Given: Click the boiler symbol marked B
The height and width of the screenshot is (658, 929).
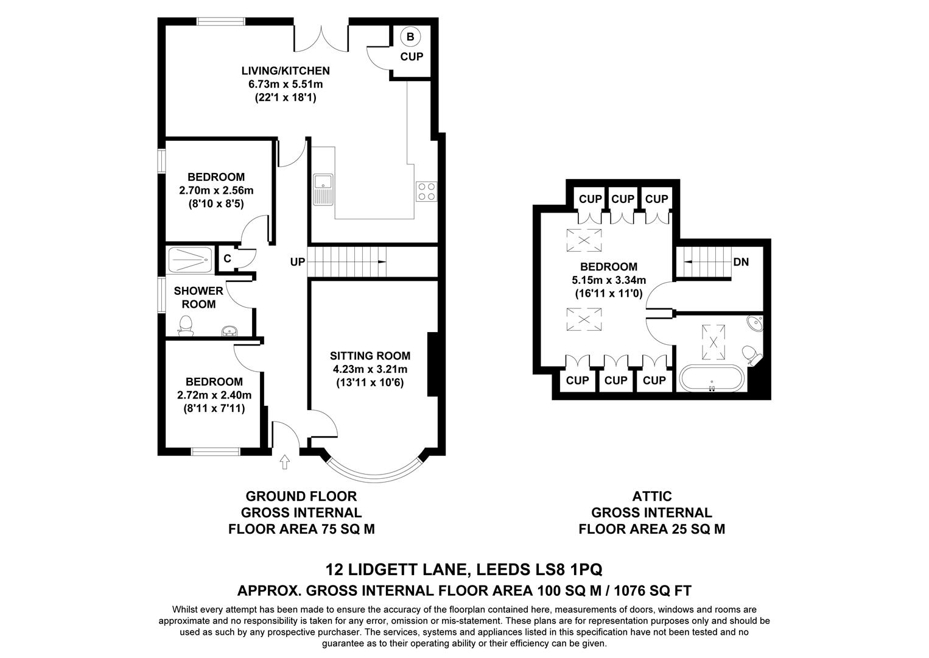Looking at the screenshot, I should pos(410,37).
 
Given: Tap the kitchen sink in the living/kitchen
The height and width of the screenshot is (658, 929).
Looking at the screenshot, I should pos(323,189).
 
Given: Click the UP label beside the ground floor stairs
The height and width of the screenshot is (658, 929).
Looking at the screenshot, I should pos(298,263).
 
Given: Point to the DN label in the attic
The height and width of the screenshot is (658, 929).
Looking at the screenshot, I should pos(741,263).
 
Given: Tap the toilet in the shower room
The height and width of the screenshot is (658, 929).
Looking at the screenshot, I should pos(186,326).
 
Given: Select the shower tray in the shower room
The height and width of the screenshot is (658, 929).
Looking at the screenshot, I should pos(190,261).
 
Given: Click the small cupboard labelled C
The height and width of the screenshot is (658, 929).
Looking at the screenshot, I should pos(227,258).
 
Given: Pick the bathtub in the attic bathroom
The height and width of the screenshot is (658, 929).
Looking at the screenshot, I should pos(711,378).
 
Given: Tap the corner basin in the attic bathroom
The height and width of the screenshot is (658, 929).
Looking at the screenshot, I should pos(755,323).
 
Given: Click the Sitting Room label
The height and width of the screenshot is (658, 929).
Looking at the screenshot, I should pos(370,356).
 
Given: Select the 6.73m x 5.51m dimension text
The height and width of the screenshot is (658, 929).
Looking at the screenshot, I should pos(285,84).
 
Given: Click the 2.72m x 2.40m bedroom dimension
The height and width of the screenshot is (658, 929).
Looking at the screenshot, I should pos(214,395).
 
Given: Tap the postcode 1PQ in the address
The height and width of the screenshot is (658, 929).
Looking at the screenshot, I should pos(587,570).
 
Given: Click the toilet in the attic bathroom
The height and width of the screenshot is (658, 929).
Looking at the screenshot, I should pos(751,355).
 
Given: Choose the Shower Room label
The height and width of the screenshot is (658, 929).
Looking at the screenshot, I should pos(198,297).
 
